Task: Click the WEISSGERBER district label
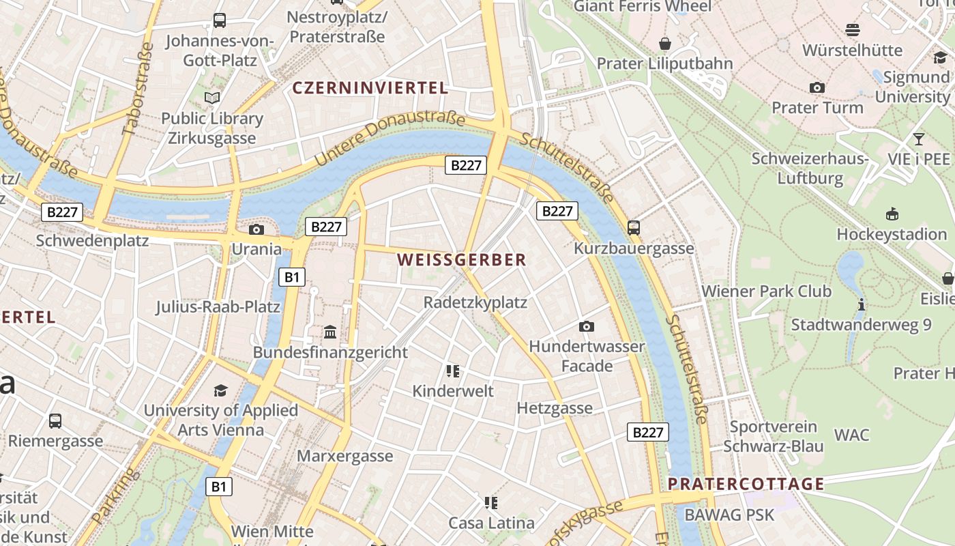tap(462, 260)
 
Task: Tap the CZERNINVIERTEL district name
tap(370, 88)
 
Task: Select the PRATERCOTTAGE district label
tap(746, 484)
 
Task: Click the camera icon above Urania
tap(256, 229)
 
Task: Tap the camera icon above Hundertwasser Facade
tap(586, 327)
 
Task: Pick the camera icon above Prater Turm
tap(817, 87)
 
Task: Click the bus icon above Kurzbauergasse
tap(634, 228)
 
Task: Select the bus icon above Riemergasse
tap(55, 421)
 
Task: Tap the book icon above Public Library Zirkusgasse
tap(212, 98)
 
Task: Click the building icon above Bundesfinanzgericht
tap(330, 332)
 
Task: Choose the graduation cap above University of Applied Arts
tap(220, 390)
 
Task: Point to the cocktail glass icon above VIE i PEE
tap(919, 139)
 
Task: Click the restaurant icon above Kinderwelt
tap(452, 371)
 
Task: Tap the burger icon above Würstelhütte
tap(852, 30)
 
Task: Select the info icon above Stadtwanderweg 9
tap(862, 304)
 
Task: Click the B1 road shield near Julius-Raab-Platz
tap(292, 277)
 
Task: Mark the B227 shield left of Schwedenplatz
tap(62, 212)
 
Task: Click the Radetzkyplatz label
tap(475, 302)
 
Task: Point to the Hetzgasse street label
tap(555, 408)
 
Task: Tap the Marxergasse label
tap(345, 456)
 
